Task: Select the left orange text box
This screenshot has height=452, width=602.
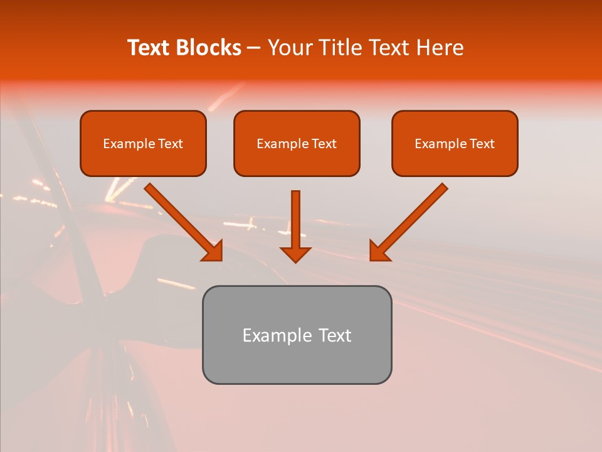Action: coord(143,143)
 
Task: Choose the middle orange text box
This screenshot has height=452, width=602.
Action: coord(297,143)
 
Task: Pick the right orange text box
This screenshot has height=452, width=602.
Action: coord(455,143)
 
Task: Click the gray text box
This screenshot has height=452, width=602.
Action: coord(297,335)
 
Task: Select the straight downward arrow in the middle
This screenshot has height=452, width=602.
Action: coord(295,220)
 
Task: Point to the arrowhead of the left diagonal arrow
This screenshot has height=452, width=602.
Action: coord(213,251)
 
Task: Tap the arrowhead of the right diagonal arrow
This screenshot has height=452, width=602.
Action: coord(379,251)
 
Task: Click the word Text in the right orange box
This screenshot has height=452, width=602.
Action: coord(482,144)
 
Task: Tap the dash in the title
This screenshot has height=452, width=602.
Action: coord(254,48)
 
